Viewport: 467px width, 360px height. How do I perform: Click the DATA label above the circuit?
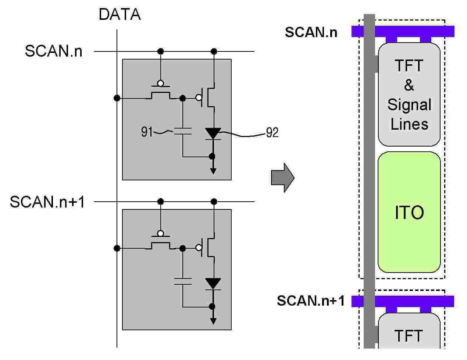tap(120, 14)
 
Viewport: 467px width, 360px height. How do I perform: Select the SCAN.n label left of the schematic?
tap(54, 51)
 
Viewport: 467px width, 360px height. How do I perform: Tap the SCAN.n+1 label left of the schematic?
tap(47, 202)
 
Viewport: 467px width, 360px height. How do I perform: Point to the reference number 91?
tap(147, 132)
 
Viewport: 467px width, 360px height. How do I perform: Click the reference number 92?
tap(272, 133)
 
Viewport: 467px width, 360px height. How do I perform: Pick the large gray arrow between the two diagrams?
tap(282, 178)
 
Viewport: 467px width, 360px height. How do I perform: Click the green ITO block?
tap(409, 212)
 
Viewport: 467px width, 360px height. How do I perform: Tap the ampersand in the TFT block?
tap(409, 85)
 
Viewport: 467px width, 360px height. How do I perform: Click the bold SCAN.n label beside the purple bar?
tap(311, 32)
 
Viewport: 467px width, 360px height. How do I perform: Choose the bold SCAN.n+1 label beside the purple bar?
tap(311, 300)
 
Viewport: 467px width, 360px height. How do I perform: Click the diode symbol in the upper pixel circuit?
tap(213, 134)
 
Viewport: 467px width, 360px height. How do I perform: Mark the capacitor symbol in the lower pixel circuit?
tap(183, 281)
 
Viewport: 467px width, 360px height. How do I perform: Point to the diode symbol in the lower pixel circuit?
tap(213, 284)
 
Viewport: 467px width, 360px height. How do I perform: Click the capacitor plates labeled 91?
tap(183, 131)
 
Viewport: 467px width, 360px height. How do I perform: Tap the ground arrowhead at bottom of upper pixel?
tap(213, 171)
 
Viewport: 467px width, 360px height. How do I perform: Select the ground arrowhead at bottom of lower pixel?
tap(213, 321)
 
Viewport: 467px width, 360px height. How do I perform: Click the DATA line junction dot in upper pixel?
tap(117, 98)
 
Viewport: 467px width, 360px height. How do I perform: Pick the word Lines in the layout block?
tap(409, 124)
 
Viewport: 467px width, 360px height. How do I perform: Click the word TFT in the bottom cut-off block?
tap(409, 336)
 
